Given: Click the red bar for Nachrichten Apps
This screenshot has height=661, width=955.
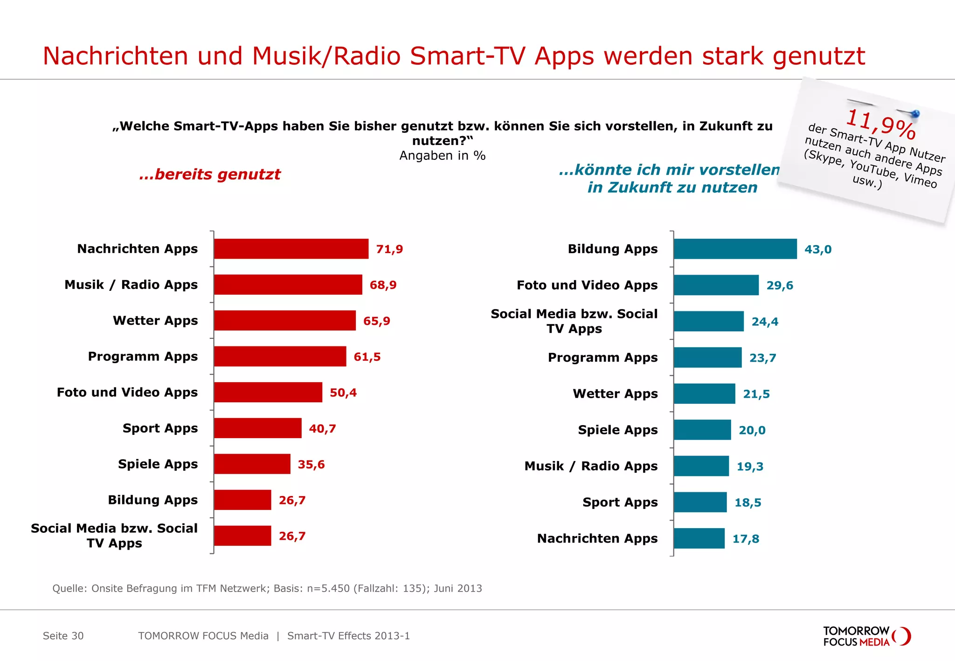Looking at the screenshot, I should point(291,249).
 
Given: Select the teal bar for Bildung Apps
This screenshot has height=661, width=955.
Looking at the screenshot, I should point(735,249).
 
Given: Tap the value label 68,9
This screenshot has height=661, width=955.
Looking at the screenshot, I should point(383,285).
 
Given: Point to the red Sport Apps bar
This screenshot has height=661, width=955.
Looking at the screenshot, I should point(257,428).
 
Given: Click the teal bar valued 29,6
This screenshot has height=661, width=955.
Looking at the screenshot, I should point(716,285).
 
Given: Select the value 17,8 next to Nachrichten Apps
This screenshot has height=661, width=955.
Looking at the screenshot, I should point(746,539).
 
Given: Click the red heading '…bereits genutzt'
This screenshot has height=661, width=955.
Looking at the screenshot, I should point(210,174).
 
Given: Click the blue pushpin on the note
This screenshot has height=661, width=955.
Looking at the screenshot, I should point(915,113).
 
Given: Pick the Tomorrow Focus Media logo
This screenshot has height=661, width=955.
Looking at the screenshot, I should point(866,636).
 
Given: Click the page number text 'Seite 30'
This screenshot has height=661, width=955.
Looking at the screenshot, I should point(63,636).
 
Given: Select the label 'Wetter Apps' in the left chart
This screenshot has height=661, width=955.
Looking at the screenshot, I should point(155,321).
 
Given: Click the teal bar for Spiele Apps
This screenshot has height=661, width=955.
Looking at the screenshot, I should point(702,430).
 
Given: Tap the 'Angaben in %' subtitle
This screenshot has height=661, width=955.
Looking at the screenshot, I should point(442,156).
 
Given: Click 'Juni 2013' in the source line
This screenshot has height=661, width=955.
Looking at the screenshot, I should point(457,588).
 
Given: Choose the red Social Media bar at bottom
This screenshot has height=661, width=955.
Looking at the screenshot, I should point(242,536).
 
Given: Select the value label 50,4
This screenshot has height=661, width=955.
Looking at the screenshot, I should point(343,392).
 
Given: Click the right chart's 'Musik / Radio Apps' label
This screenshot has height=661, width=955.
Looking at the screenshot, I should point(591,466).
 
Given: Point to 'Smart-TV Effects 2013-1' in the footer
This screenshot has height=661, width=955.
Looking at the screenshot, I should point(348,636).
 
